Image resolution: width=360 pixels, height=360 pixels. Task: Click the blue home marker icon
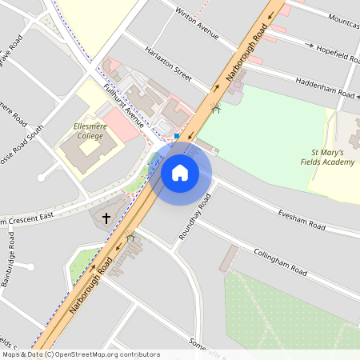[180, 172]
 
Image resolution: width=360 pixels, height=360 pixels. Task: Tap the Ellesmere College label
[88, 130]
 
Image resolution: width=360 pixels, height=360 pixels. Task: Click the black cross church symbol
[106, 217]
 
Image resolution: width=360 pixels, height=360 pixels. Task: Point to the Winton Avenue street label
[197, 23]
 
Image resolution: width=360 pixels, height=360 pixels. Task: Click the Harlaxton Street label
[168, 64]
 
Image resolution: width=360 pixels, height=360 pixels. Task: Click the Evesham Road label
[302, 221]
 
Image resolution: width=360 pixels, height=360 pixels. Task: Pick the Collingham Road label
[281, 262]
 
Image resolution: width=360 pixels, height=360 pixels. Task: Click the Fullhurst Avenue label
[122, 106]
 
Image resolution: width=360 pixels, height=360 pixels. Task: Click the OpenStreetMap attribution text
[80, 354]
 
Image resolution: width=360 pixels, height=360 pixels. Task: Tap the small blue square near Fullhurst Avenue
[177, 136]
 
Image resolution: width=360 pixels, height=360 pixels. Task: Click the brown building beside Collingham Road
[230, 258]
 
